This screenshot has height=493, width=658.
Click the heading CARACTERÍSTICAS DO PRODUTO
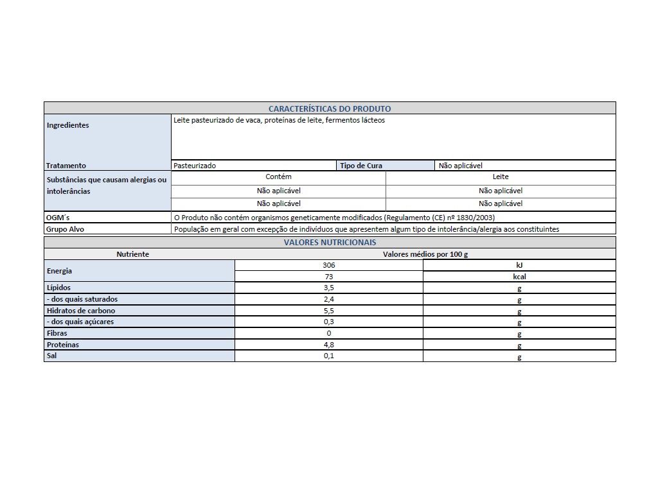[329, 108]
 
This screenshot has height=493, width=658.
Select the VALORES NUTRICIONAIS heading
[330, 243]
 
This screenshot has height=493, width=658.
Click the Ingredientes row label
[67, 125]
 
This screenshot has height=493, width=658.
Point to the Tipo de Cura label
[361, 166]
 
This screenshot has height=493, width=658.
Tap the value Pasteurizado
[195, 166]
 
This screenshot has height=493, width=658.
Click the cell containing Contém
[278, 177]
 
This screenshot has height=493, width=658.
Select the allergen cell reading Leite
[501, 177]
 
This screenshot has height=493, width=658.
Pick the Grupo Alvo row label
[65, 229]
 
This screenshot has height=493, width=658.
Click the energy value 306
[329, 265]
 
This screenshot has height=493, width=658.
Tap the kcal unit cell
[519, 277]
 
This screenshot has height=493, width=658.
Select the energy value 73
[329, 277]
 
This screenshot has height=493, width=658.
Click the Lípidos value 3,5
[329, 288]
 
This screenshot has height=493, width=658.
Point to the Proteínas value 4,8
[329, 345]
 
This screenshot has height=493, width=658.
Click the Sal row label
[52, 356]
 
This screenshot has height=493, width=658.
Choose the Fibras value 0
[329, 333]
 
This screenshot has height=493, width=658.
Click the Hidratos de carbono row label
[80, 311]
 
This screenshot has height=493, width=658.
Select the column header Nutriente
[132, 254]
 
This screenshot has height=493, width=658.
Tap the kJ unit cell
[519, 265]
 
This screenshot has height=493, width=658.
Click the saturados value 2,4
[329, 299]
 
